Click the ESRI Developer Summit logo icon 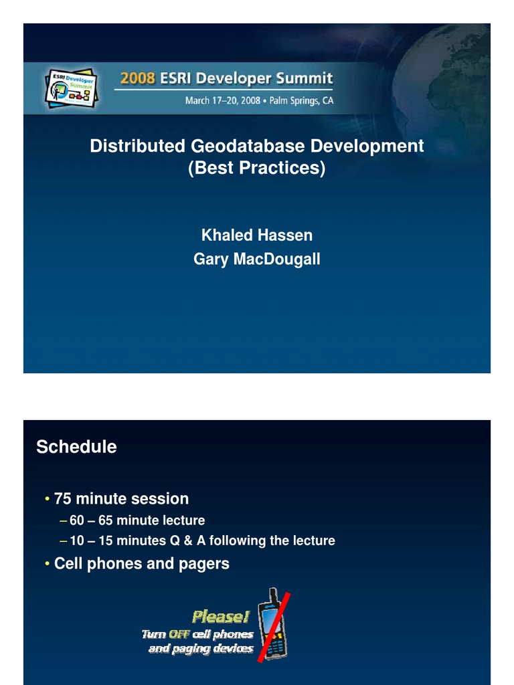click(71, 88)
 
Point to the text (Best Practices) click(256, 168)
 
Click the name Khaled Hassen click(256, 235)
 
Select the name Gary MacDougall click(256, 259)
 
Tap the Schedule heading click(76, 447)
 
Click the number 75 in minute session click(62, 498)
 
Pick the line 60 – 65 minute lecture click(137, 520)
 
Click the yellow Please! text click(221, 616)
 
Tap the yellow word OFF click(179, 634)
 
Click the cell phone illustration click(273, 625)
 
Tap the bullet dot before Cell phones click(47, 564)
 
